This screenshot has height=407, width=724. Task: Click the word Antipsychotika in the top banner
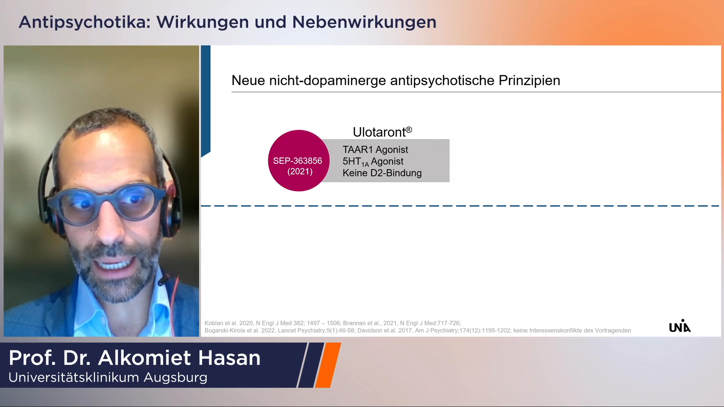pos(82,22)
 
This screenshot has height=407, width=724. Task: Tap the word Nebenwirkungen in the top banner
pos(364,22)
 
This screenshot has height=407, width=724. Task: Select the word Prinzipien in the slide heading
pos(529,81)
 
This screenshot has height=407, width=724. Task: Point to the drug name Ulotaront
pos(379,132)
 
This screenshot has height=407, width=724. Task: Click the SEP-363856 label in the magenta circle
pos(298,161)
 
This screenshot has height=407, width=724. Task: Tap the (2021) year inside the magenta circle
pos(300,172)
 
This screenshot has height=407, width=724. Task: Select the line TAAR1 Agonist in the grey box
pos(375,150)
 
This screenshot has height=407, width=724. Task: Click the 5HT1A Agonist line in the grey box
pos(373,162)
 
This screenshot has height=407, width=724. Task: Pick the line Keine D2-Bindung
pos(382,173)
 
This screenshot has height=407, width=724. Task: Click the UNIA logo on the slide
pos(680,326)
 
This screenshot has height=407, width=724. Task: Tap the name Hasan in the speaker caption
pos(229,358)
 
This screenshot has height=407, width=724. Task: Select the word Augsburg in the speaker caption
pos(175,378)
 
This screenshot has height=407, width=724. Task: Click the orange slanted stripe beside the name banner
pos(328,365)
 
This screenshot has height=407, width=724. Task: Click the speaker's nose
pos(109,224)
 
